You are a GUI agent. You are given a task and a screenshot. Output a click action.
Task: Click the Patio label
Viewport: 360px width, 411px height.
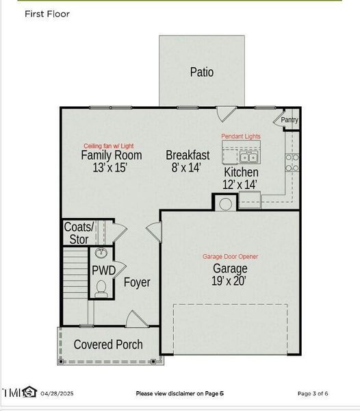[x=202, y=72]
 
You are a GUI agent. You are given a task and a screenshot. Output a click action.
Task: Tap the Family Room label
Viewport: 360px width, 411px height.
[x=112, y=155]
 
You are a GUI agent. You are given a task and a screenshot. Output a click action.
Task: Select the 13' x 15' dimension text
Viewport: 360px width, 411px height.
[x=110, y=167]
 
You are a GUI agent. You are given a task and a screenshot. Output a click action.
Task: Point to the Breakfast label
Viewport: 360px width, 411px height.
[x=188, y=155]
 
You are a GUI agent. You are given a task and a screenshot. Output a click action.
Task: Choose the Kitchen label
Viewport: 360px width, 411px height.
[x=241, y=173]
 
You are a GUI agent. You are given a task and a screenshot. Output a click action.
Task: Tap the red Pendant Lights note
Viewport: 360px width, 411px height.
[x=241, y=137]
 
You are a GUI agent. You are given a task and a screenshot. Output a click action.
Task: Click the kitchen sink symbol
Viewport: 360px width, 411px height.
[x=248, y=158]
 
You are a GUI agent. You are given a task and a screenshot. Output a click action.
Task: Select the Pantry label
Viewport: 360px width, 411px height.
[x=290, y=120]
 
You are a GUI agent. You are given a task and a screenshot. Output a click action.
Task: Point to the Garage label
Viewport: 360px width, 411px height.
[x=229, y=268]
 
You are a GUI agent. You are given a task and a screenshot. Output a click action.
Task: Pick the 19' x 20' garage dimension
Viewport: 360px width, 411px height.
[x=229, y=280]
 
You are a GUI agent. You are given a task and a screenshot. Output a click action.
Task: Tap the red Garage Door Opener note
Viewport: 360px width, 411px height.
[x=230, y=256]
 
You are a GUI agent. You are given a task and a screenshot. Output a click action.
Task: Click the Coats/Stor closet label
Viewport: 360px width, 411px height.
[x=79, y=233]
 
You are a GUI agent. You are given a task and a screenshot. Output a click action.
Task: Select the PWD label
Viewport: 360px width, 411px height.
[x=103, y=270]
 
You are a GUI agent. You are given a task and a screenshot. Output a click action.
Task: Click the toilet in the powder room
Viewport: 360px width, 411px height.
[x=102, y=288]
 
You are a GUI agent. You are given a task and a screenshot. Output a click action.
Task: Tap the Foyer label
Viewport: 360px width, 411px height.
[x=137, y=282]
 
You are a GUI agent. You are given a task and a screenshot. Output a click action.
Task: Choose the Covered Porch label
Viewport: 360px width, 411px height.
[x=108, y=344]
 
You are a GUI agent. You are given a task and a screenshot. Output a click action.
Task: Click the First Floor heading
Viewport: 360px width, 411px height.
[x=47, y=14]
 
